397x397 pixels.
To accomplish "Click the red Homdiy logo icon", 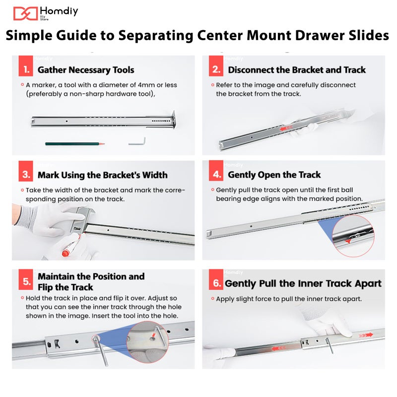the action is click(x=25, y=13).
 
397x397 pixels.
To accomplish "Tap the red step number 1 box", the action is click(x=26, y=66).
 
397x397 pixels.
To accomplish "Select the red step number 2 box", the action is click(x=216, y=66).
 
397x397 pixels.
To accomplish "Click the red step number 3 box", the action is click(x=26, y=171).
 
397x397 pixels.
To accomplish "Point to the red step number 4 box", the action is click(x=216, y=171).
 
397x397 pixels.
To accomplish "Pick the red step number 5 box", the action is click(x=26, y=279).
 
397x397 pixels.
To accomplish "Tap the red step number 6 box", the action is click(x=216, y=279).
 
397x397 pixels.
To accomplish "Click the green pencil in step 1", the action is click(x=75, y=144).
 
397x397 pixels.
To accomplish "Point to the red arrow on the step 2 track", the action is click(x=286, y=128).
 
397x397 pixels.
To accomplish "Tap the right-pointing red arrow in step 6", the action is click(x=366, y=335).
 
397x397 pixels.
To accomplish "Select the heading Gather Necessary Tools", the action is click(x=86, y=70).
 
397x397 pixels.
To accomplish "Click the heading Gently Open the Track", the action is click(x=274, y=175).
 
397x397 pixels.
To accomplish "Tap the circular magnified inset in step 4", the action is click(x=353, y=236).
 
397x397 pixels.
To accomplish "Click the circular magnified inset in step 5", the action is click(x=147, y=342).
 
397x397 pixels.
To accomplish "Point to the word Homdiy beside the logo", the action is click(x=59, y=11).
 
